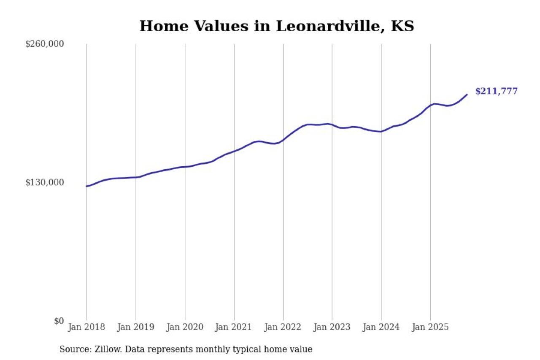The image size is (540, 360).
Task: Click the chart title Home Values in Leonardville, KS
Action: tap(276, 26)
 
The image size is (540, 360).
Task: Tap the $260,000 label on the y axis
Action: tap(45, 44)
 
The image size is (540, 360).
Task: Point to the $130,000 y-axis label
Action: tap(45, 182)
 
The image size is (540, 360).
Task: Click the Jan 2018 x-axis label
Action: tap(86, 327)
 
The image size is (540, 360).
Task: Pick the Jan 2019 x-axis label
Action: tap(135, 327)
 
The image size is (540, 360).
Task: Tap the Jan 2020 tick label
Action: tap(185, 327)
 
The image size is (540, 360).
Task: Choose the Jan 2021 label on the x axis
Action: tap(234, 327)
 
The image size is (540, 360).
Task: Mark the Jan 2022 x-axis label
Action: tap(283, 327)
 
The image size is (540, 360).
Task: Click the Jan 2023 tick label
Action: tap(332, 327)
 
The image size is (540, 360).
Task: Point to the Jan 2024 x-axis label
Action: tap(381, 327)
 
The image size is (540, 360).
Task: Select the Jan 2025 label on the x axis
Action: tap(430, 327)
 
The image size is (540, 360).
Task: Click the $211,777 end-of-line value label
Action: tap(496, 91)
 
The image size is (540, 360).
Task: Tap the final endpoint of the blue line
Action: tap(467, 95)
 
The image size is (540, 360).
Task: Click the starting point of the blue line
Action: tap(86, 186)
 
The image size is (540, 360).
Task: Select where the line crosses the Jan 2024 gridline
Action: tap(381, 132)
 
